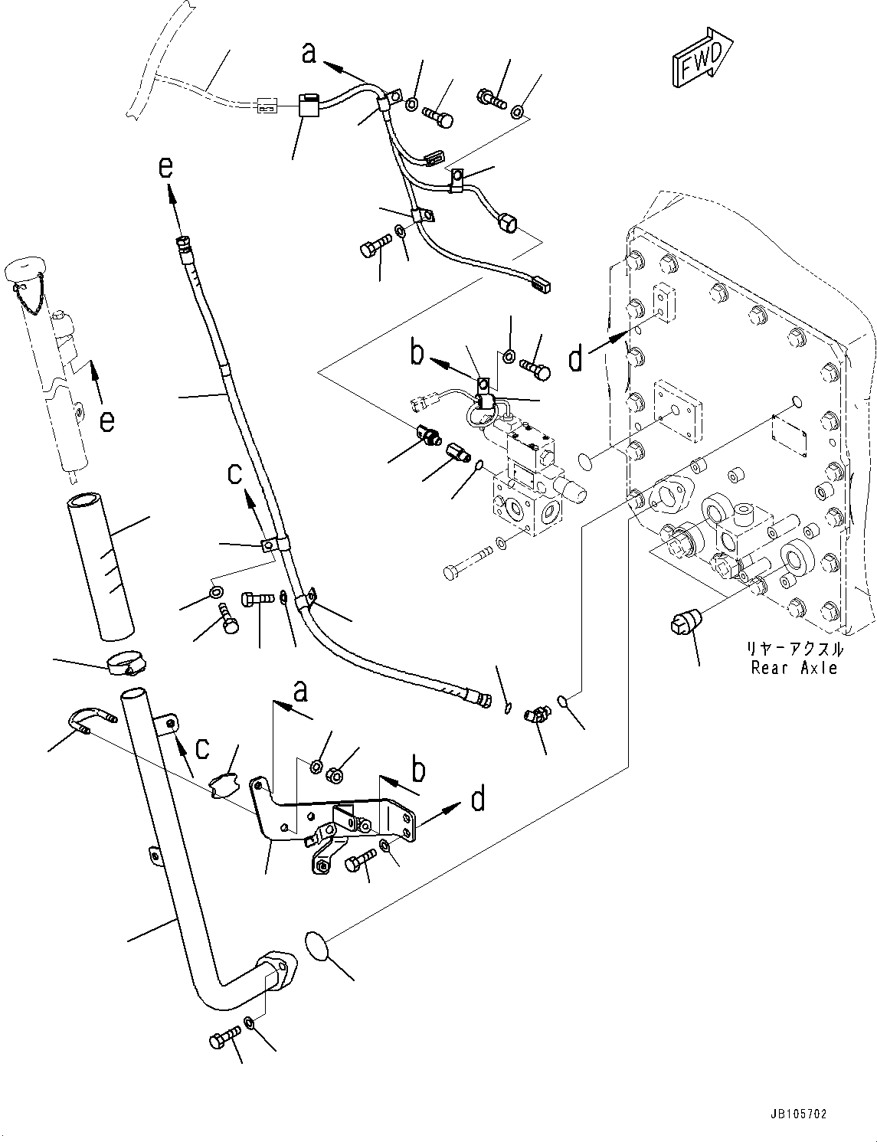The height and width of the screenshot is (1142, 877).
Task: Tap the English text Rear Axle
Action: click(796, 667)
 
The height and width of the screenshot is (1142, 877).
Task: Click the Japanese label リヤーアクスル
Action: click(796, 650)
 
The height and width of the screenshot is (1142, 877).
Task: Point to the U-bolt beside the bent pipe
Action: click(89, 723)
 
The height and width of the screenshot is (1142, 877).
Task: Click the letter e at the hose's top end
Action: click(166, 167)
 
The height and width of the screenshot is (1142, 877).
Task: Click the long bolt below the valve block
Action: click(467, 571)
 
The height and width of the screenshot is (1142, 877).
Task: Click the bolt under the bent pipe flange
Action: click(223, 1039)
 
